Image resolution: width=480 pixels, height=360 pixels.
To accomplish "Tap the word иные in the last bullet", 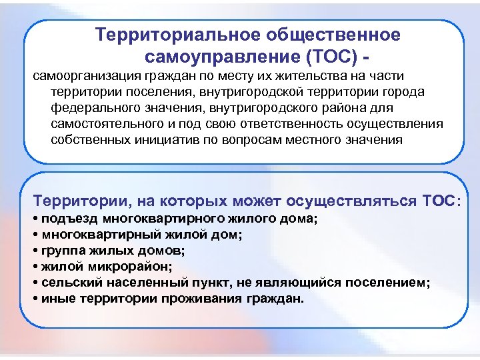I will [x=55, y=299].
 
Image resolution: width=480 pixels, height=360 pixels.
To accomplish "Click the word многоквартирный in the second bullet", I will [x=88, y=235].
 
